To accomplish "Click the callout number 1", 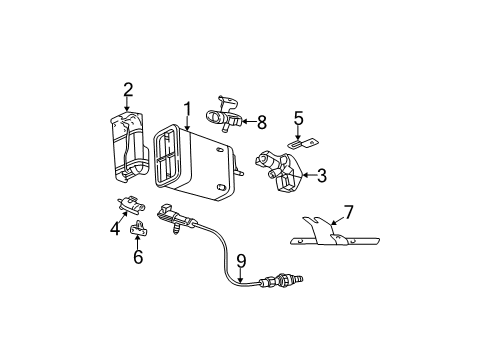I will pos(186,108).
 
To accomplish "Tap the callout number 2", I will pos(127,90).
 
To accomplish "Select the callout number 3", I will pos(320,176).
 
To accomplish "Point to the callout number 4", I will pos(115,229).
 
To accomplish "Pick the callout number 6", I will pos(138,257).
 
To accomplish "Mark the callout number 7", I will pos(348,213).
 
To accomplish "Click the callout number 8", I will pos(261,123).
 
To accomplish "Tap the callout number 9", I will pos(240,262).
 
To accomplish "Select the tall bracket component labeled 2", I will pos(128,150).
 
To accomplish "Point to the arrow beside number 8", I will pos(247,123).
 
